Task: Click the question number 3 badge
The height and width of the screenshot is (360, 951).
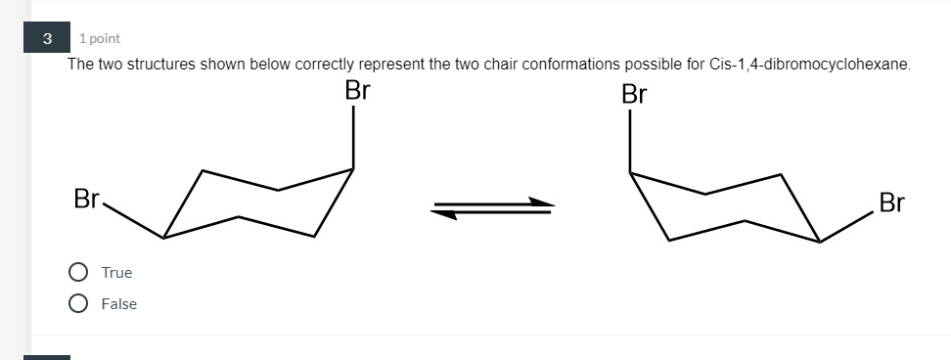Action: tap(47, 38)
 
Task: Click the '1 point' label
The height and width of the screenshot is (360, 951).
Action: tap(100, 38)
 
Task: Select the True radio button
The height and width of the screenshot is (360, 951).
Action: tap(78, 272)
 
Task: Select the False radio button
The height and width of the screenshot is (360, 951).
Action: tap(78, 303)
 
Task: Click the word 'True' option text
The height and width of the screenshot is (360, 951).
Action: tap(116, 273)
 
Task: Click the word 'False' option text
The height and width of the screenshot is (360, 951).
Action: tap(119, 304)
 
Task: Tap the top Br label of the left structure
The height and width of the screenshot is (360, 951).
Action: tap(357, 93)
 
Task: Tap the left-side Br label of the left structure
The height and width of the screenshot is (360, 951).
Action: tap(86, 201)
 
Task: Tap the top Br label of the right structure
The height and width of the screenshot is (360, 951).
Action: tap(634, 95)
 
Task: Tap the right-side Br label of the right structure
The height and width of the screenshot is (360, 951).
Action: tap(891, 203)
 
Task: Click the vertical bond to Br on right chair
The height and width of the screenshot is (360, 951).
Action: tap(630, 142)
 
